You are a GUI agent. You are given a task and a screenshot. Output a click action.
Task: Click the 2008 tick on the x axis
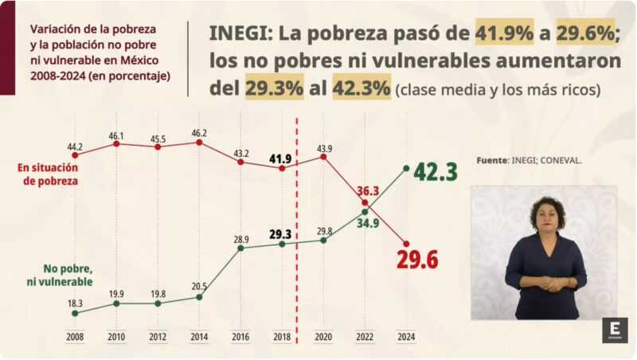pyautogui.click(x=75, y=338)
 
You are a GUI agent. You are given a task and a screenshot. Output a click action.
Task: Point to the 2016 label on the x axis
pyautogui.click(x=240, y=338)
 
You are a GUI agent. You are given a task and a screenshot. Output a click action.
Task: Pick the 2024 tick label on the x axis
pyautogui.click(x=406, y=338)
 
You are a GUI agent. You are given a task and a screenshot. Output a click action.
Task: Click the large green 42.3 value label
pyautogui.click(x=435, y=171)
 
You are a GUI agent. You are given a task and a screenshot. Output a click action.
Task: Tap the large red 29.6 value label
pyautogui.click(x=417, y=259)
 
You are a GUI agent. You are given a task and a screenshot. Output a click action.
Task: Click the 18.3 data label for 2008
pyautogui.click(x=75, y=302)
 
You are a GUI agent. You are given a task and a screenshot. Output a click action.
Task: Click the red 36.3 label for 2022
pyautogui.click(x=368, y=191)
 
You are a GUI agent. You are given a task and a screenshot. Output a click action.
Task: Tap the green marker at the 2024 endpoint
pyautogui.click(x=406, y=168)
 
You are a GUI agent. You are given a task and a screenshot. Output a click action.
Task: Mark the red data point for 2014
pyautogui.click(x=199, y=143)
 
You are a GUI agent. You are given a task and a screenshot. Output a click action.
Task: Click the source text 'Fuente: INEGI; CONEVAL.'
pyautogui.click(x=529, y=160)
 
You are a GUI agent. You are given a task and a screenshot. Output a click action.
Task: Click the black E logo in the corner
pyautogui.click(x=615, y=329)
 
